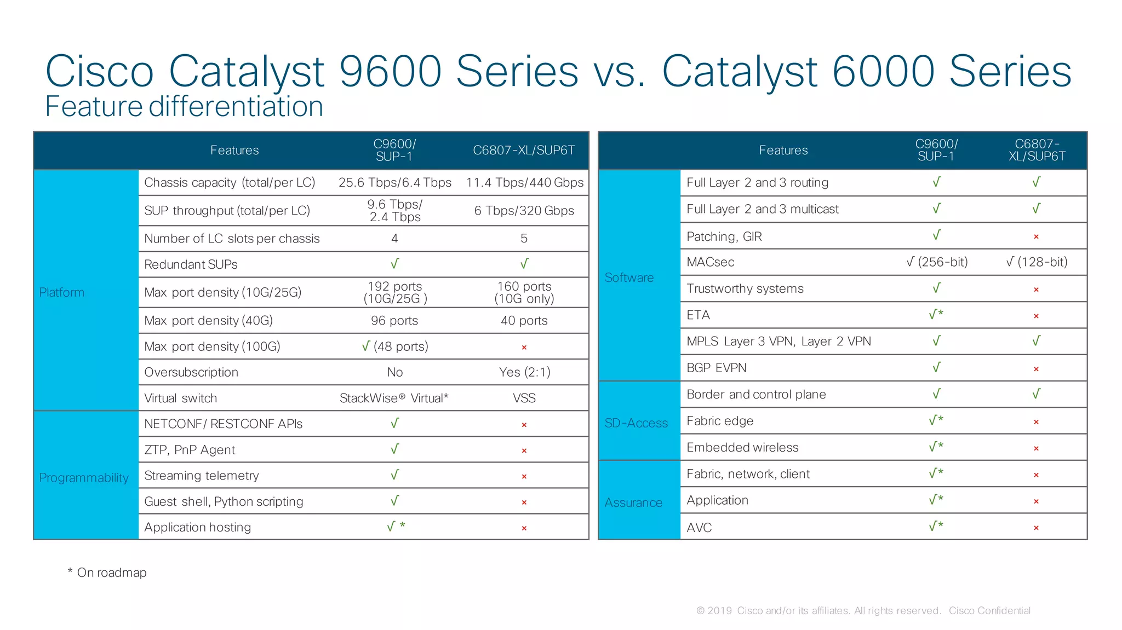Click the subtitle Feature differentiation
click(184, 106)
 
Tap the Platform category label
click(61, 292)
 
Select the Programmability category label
click(84, 478)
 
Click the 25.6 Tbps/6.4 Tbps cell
click(394, 182)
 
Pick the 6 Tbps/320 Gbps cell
click(524, 211)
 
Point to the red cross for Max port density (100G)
click(524, 348)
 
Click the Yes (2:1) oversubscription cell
click(524, 372)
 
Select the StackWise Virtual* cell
click(393, 398)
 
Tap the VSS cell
click(524, 398)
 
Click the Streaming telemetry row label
click(201, 476)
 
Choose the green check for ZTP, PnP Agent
click(394, 449)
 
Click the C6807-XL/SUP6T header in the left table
click(524, 150)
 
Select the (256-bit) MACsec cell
click(937, 262)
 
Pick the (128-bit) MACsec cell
click(1037, 262)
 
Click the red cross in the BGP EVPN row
click(1036, 369)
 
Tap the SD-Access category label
click(636, 423)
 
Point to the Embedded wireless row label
click(742, 448)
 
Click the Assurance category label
click(633, 502)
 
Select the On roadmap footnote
click(107, 573)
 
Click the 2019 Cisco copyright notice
click(863, 611)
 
